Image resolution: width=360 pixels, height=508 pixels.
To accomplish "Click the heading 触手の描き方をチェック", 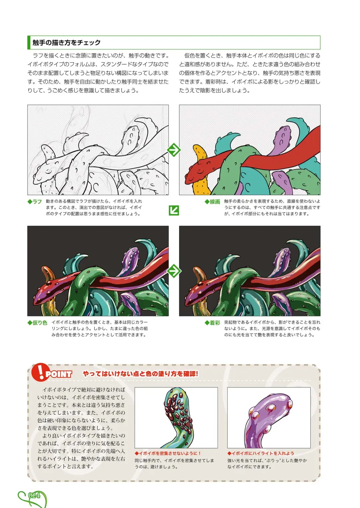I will click(x=66, y=43).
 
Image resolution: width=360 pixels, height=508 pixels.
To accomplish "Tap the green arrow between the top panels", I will click(x=174, y=150).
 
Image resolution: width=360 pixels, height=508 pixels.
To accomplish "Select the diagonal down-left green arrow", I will click(x=174, y=210).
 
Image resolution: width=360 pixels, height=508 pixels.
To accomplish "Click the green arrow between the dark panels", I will click(x=174, y=271).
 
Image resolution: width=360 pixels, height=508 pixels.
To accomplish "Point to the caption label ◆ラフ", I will click(x=35, y=202).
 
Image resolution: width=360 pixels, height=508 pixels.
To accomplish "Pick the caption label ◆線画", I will click(x=212, y=202).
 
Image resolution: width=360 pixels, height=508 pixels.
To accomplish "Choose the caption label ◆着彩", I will click(x=212, y=322).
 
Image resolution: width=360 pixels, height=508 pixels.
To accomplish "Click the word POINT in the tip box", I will click(x=59, y=374).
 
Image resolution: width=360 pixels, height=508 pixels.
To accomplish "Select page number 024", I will click(x=34, y=495).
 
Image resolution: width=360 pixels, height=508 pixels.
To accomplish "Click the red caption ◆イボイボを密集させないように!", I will click(x=168, y=453).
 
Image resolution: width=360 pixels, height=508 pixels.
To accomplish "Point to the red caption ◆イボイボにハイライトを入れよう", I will click(x=261, y=453).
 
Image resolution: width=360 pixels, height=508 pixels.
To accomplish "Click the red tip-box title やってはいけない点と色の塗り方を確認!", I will click(x=140, y=374).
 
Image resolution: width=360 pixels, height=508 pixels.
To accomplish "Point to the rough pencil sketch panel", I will click(x=98, y=150).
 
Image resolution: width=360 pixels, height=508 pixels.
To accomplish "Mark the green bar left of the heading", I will click(x=29, y=43).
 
